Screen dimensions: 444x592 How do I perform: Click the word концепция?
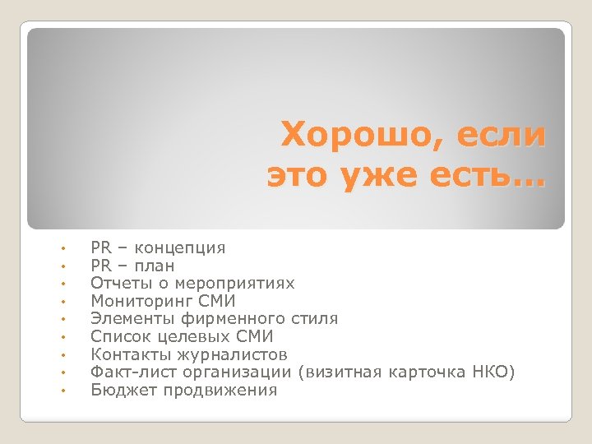[180, 247]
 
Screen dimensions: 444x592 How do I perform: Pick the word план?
[155, 266]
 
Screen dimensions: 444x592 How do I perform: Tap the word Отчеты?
[116, 283]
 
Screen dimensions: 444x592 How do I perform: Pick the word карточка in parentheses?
[428, 372]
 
